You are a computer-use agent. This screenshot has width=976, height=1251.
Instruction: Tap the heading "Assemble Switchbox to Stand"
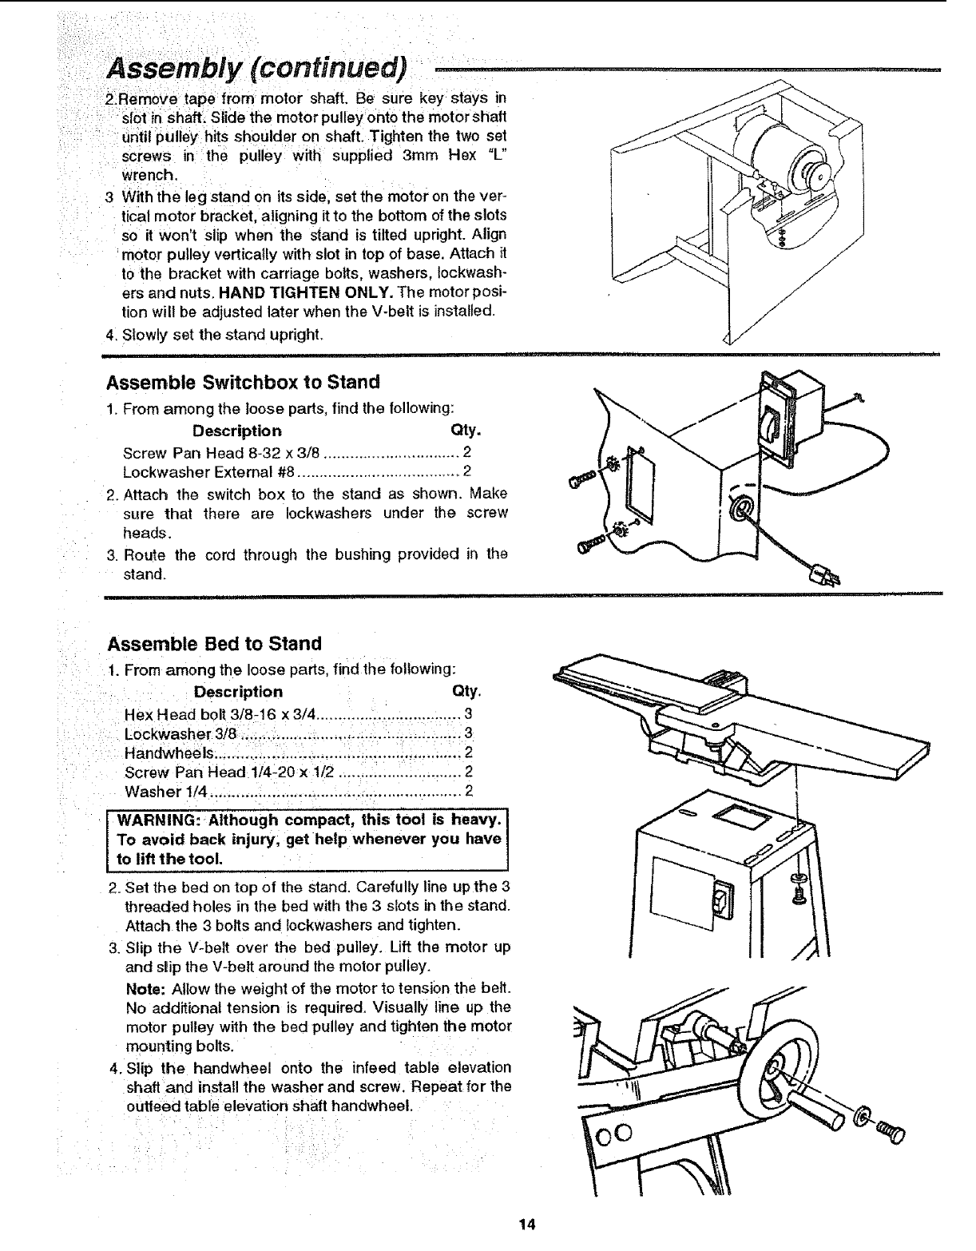point(243,382)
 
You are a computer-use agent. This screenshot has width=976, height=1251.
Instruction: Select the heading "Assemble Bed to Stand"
point(214,644)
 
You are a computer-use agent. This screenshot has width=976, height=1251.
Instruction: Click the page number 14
point(526,1224)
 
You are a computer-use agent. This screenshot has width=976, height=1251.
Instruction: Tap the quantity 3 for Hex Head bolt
point(468,713)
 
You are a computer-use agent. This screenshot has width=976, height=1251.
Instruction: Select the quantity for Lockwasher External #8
point(467,471)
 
